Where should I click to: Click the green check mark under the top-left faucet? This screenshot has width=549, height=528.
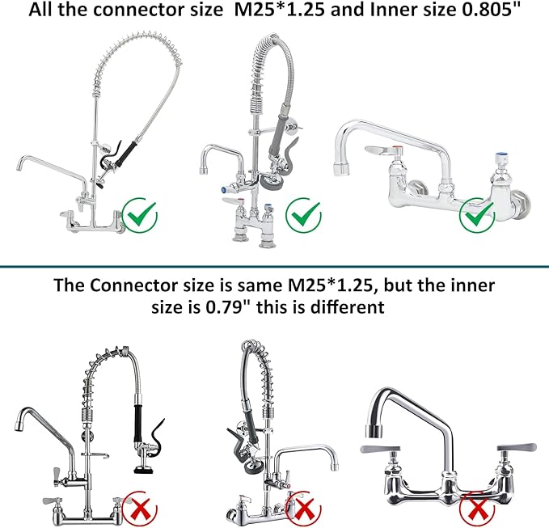click(141, 215)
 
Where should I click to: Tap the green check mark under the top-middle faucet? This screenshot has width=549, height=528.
click(306, 216)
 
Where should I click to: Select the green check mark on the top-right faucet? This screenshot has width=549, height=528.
click(476, 215)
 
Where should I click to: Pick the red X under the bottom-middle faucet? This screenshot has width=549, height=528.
click(304, 509)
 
